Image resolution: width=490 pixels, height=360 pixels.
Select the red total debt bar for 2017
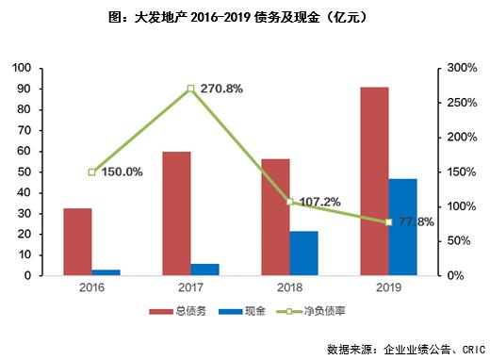(176, 213)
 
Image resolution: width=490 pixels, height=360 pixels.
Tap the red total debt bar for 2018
(275, 217)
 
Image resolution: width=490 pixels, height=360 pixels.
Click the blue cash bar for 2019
(402, 226)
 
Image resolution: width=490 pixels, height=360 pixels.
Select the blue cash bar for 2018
(303, 253)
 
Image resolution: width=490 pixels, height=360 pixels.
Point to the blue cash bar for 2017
(205, 270)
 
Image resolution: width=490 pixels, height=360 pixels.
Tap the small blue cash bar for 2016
(106, 272)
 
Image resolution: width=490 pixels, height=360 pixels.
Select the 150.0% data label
(122, 172)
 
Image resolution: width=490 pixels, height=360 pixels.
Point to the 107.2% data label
(318, 202)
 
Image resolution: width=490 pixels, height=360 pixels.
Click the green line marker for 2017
(190, 89)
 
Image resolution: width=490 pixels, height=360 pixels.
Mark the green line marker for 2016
(92, 172)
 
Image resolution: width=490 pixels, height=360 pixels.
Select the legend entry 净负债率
(314, 310)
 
